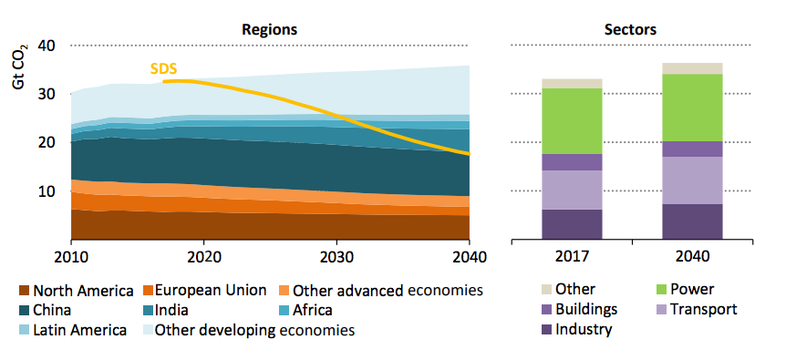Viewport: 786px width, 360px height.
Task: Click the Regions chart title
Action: click(270, 29)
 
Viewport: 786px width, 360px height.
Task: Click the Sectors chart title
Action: click(631, 29)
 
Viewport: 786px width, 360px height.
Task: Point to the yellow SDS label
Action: click(163, 68)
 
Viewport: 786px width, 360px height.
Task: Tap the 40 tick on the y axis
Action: click(47, 46)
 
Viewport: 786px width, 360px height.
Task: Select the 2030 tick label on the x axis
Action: click(336, 257)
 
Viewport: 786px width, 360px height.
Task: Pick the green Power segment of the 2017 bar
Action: click(572, 121)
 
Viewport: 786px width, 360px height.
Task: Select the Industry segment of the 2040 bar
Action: click(692, 221)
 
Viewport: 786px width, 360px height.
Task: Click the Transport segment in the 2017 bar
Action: click(572, 190)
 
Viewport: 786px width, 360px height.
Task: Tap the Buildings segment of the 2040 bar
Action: click(692, 149)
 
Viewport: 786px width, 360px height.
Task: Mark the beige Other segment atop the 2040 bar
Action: click(692, 68)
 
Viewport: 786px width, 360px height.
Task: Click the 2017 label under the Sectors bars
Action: click(572, 257)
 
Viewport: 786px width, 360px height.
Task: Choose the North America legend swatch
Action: click(25, 291)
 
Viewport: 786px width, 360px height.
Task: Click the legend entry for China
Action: click(45, 311)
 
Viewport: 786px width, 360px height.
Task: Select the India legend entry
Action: click(166, 311)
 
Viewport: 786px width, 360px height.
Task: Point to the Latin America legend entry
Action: click(73, 331)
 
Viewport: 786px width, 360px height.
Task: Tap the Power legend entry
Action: click(686, 290)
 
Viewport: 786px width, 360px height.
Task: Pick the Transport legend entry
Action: click(697, 310)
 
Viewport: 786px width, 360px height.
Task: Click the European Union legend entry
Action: click(204, 291)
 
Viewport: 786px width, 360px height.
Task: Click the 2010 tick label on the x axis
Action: click(71, 257)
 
